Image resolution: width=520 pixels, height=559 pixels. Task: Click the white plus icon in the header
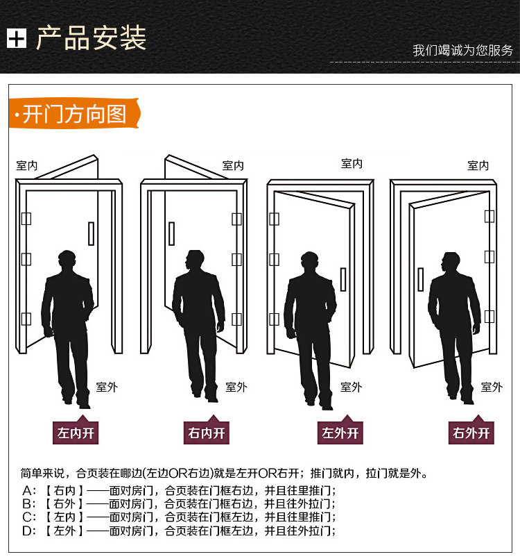point(16,38)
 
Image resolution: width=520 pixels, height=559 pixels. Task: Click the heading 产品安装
point(91,37)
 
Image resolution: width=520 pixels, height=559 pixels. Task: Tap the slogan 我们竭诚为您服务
point(462,50)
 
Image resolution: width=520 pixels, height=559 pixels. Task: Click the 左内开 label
point(76,434)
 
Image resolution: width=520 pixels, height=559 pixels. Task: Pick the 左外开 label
point(340,434)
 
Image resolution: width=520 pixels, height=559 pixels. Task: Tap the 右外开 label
point(471,434)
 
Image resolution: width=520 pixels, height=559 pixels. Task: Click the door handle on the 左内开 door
point(91,233)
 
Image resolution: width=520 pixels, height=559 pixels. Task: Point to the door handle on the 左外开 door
point(343,279)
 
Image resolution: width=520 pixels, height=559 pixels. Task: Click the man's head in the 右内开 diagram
point(196,262)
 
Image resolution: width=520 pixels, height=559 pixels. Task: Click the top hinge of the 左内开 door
point(26,219)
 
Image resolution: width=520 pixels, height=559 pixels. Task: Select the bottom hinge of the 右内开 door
point(237,319)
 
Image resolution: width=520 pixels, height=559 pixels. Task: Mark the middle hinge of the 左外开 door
point(275,260)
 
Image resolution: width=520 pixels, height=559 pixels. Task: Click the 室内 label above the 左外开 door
point(352,164)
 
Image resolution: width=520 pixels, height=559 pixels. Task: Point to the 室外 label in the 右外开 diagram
point(492,387)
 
